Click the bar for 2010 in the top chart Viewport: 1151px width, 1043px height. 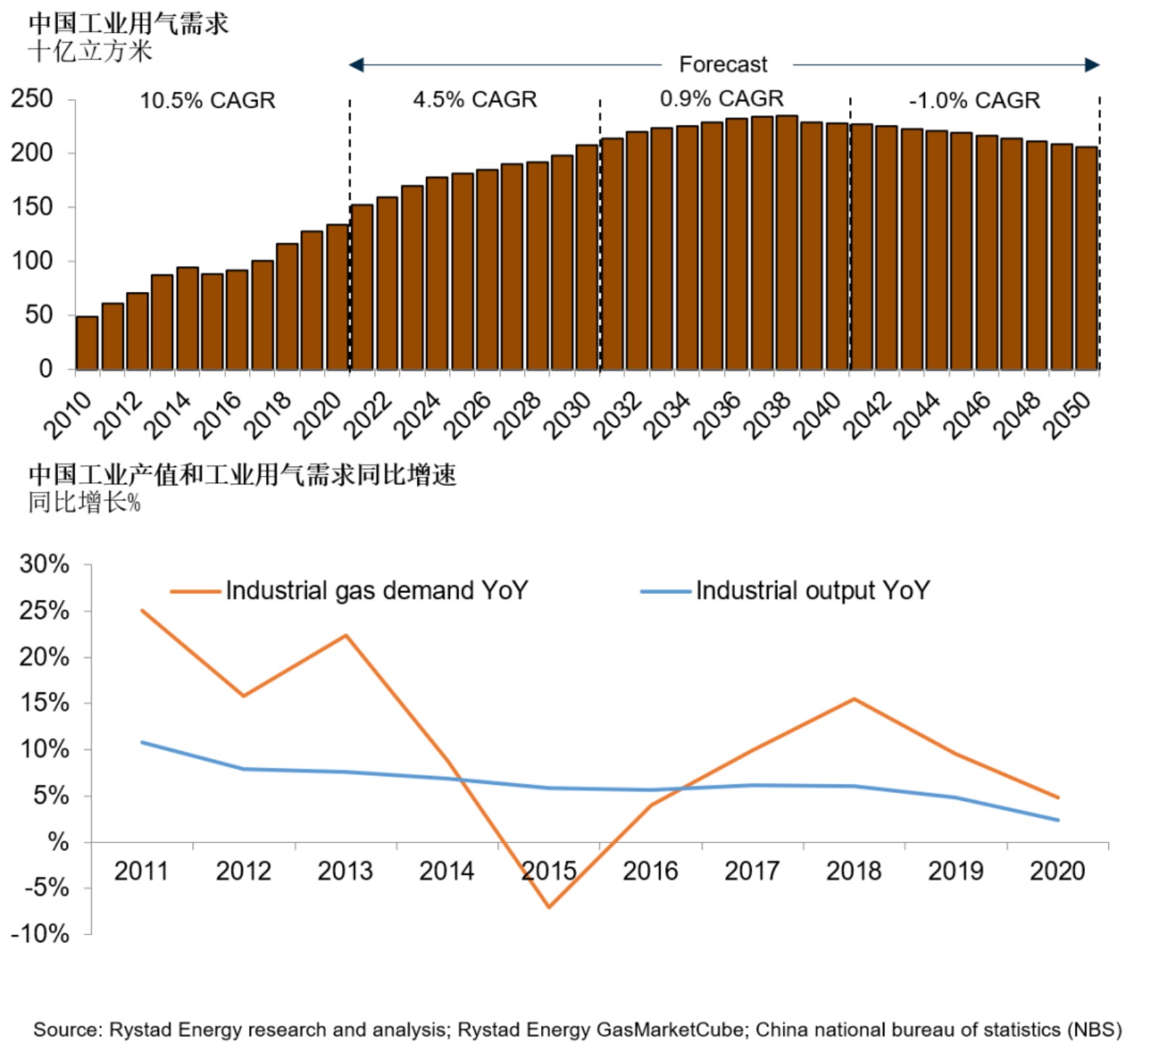(x=87, y=343)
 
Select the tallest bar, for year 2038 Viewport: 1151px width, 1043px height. (x=787, y=243)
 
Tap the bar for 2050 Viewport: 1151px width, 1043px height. (x=1087, y=259)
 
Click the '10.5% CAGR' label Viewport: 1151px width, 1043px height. (x=207, y=100)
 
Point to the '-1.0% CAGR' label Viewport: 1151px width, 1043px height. (x=974, y=100)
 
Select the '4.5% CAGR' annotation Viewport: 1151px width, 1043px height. (x=475, y=99)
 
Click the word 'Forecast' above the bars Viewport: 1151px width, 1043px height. (x=722, y=64)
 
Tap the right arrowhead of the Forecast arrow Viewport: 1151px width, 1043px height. (x=1092, y=65)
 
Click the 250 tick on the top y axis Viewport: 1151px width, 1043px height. (x=32, y=99)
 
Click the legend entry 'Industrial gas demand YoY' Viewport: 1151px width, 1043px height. (x=376, y=591)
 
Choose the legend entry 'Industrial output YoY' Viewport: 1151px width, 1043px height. (x=812, y=591)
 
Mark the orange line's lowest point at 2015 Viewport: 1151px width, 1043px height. (x=549, y=907)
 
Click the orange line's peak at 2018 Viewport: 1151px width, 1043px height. (x=854, y=699)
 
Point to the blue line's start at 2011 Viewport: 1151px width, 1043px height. (x=142, y=742)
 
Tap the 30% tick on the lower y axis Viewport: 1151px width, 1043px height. (x=44, y=564)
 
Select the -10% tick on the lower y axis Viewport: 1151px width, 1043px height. (x=41, y=934)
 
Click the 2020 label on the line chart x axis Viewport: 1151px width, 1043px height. (x=1057, y=871)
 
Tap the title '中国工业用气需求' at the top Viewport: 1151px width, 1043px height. (x=128, y=23)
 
